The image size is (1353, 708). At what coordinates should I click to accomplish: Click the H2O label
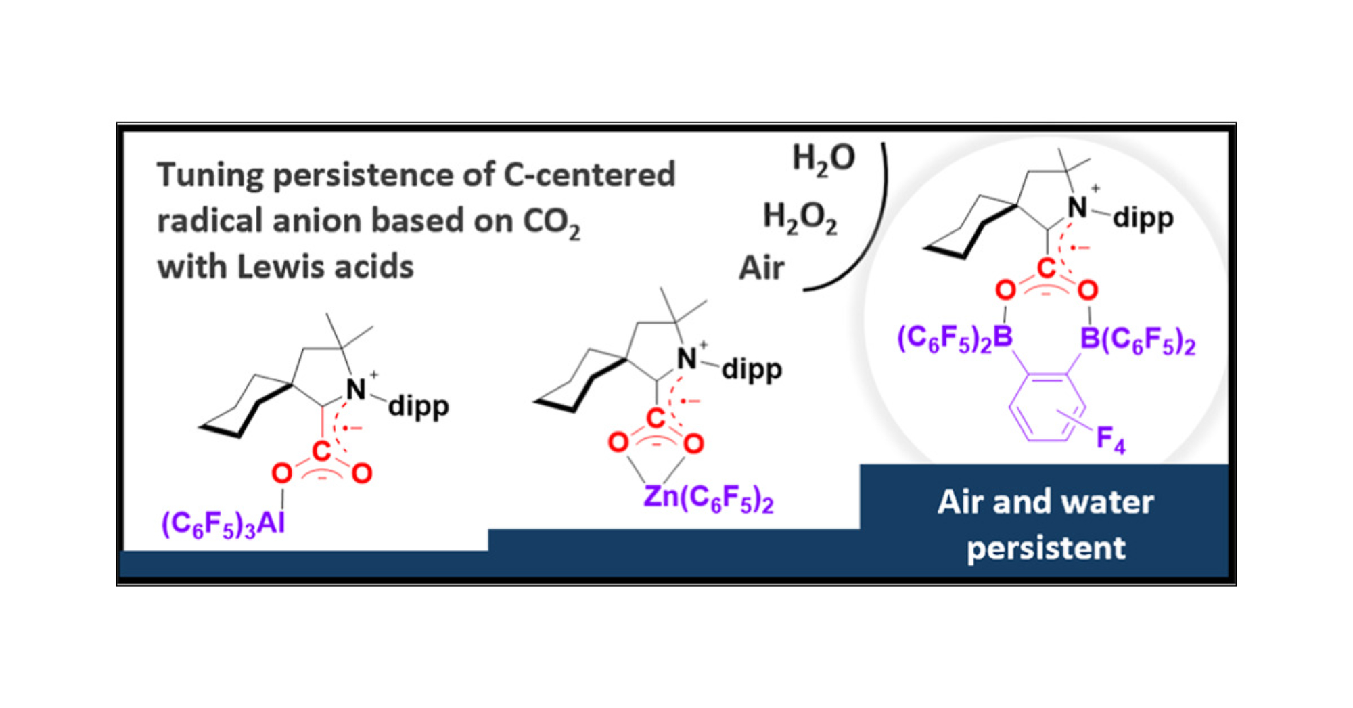coord(823,159)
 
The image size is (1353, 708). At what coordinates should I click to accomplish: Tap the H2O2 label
coord(800,218)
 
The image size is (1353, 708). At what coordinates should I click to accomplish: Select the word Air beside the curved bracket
coord(761,268)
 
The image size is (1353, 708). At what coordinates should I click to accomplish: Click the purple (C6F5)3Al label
coord(223,524)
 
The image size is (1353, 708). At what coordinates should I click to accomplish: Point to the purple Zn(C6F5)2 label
coord(708,498)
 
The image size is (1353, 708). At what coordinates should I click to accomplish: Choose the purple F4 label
coord(1110,439)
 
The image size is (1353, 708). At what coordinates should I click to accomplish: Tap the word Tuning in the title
coord(209,176)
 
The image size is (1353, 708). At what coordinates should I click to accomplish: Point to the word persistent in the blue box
coord(1046,547)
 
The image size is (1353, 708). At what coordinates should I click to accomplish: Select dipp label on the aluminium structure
coord(418,407)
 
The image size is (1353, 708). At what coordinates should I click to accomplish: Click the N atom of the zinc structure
coord(687,359)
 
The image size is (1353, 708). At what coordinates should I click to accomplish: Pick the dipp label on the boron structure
coord(1143,219)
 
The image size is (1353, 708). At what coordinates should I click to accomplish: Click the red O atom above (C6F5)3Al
coord(282,473)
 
